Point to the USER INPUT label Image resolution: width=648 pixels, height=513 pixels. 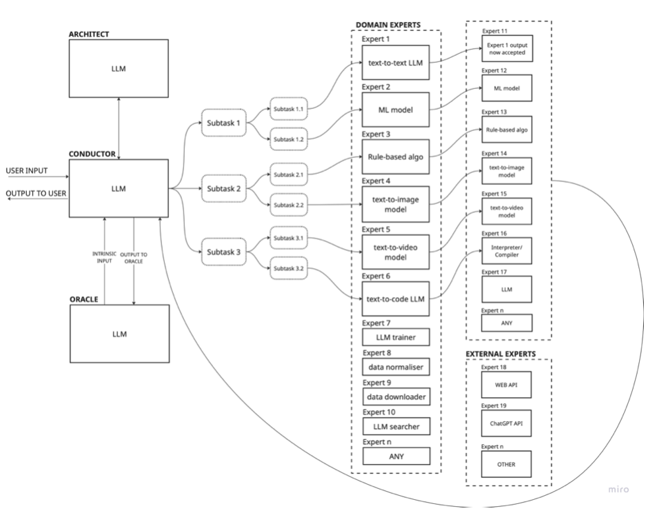coord(28,170)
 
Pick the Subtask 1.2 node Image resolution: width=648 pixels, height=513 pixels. coord(289,139)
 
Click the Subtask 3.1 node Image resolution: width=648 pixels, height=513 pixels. coord(289,238)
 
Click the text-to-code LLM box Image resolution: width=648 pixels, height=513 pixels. coord(396,299)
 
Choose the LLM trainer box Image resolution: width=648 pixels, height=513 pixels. coord(396,337)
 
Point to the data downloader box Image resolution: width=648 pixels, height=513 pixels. coord(396,396)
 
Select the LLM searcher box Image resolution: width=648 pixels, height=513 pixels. coord(396,427)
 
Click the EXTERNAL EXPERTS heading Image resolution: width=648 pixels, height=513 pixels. coord(501,353)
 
